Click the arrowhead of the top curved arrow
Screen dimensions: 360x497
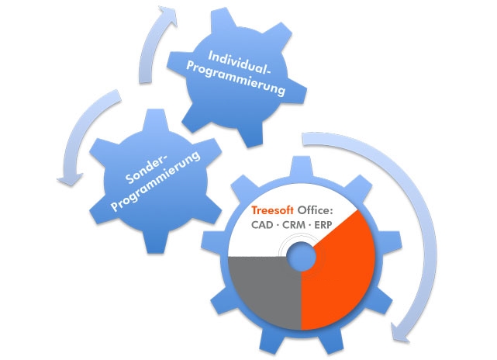[x=164, y=14]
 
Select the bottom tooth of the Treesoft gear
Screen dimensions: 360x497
[x=299, y=347]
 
